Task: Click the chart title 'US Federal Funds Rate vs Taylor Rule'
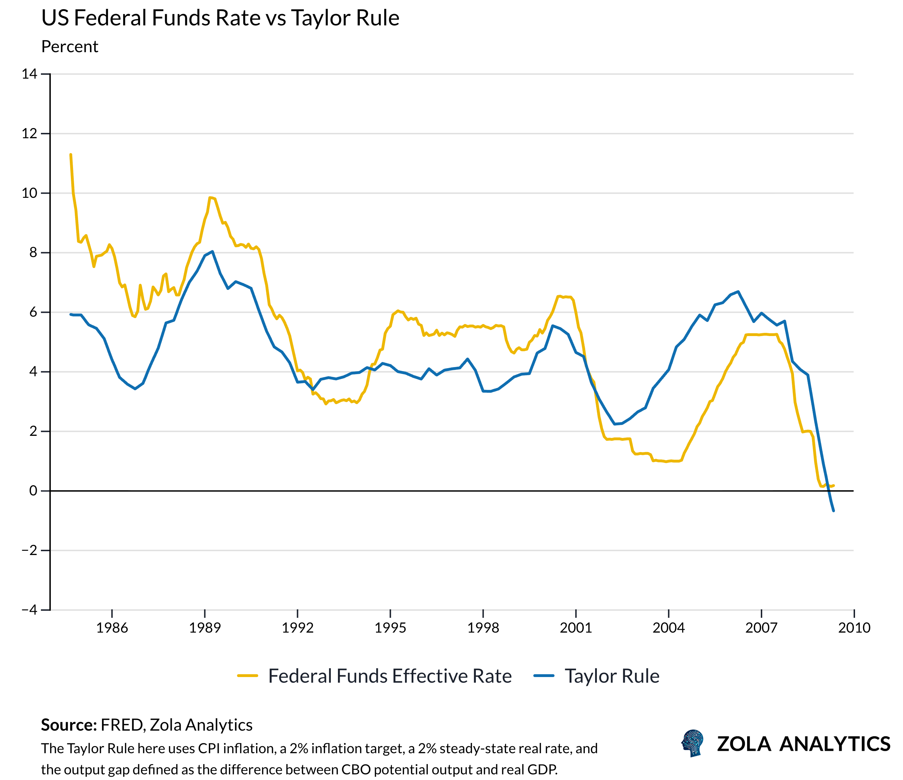pos(220,18)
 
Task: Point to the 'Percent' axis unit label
pos(70,47)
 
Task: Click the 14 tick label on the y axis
pos(30,74)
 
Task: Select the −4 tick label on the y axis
pos(30,610)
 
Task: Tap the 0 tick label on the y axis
pos(33,491)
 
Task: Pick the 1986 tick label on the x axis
pos(112,628)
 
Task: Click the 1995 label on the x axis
pos(390,628)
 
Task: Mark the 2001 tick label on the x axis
pos(576,628)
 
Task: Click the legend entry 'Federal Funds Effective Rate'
pos(390,676)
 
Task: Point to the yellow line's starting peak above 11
pos(71,155)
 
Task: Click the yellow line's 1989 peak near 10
pos(210,198)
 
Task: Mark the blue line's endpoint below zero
pos(833,511)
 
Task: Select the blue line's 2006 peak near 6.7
pos(738,292)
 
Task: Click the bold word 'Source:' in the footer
pos(69,725)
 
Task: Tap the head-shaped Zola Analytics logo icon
pos(692,743)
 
